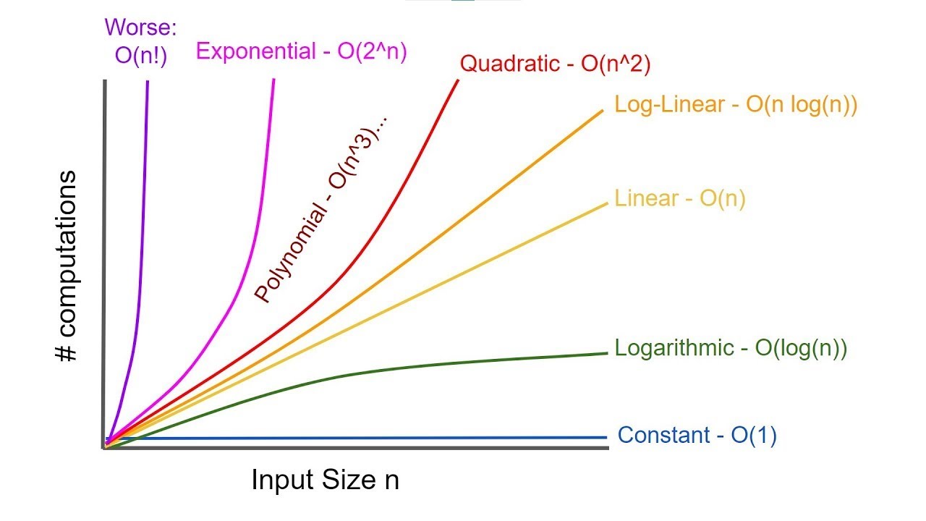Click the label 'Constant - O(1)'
click(x=697, y=436)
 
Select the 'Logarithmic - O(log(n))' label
click(x=731, y=348)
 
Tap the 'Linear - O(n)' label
click(x=679, y=198)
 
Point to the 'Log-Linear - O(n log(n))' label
click(x=736, y=104)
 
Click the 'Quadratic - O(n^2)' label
click(x=556, y=64)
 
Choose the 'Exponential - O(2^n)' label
click(x=302, y=51)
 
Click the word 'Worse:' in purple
click(x=140, y=27)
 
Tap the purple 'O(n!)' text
click(x=140, y=56)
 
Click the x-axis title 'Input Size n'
click(x=325, y=480)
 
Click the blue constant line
click(x=362, y=438)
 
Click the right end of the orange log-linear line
click(x=602, y=110)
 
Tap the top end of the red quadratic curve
click(x=458, y=80)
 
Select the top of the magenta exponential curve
click(x=274, y=80)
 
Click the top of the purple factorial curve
click(x=148, y=81)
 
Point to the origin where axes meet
click(x=106, y=448)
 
